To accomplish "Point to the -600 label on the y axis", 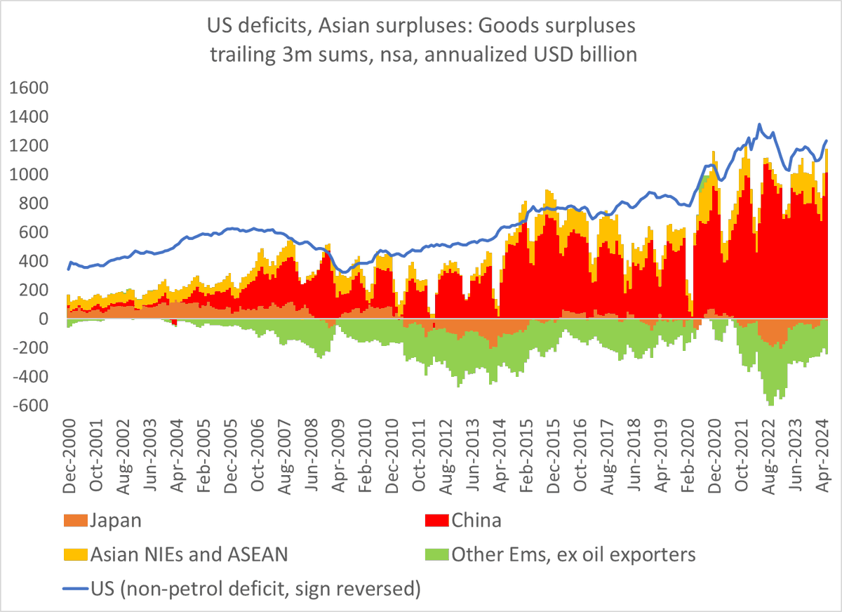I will (x=27, y=406).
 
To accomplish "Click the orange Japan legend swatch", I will (x=76, y=520).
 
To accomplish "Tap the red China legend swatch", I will (x=438, y=520).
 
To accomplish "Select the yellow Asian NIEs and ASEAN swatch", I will (x=76, y=554).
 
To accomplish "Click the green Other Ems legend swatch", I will (x=438, y=554).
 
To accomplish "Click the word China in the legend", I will (x=476, y=520).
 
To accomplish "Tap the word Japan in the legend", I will (x=115, y=520).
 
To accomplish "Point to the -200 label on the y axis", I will (x=27, y=349).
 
